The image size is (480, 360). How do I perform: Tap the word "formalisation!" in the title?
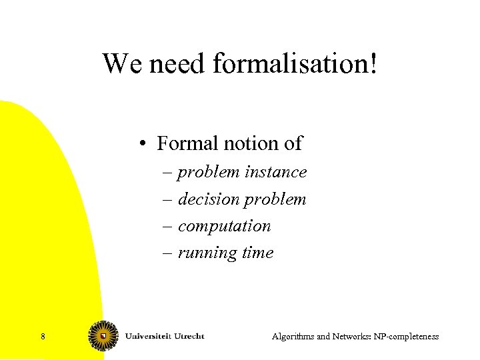[x=295, y=64]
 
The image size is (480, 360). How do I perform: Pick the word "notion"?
[x=245, y=143]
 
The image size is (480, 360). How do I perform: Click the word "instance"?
[x=276, y=172]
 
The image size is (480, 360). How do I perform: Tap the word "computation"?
[x=225, y=226]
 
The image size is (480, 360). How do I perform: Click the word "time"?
[x=259, y=253]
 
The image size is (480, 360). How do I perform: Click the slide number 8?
[x=43, y=337]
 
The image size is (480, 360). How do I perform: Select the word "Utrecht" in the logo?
[x=187, y=335]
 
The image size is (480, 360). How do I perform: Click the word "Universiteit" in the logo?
[x=147, y=335]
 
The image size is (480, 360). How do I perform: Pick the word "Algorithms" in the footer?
[x=293, y=337]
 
